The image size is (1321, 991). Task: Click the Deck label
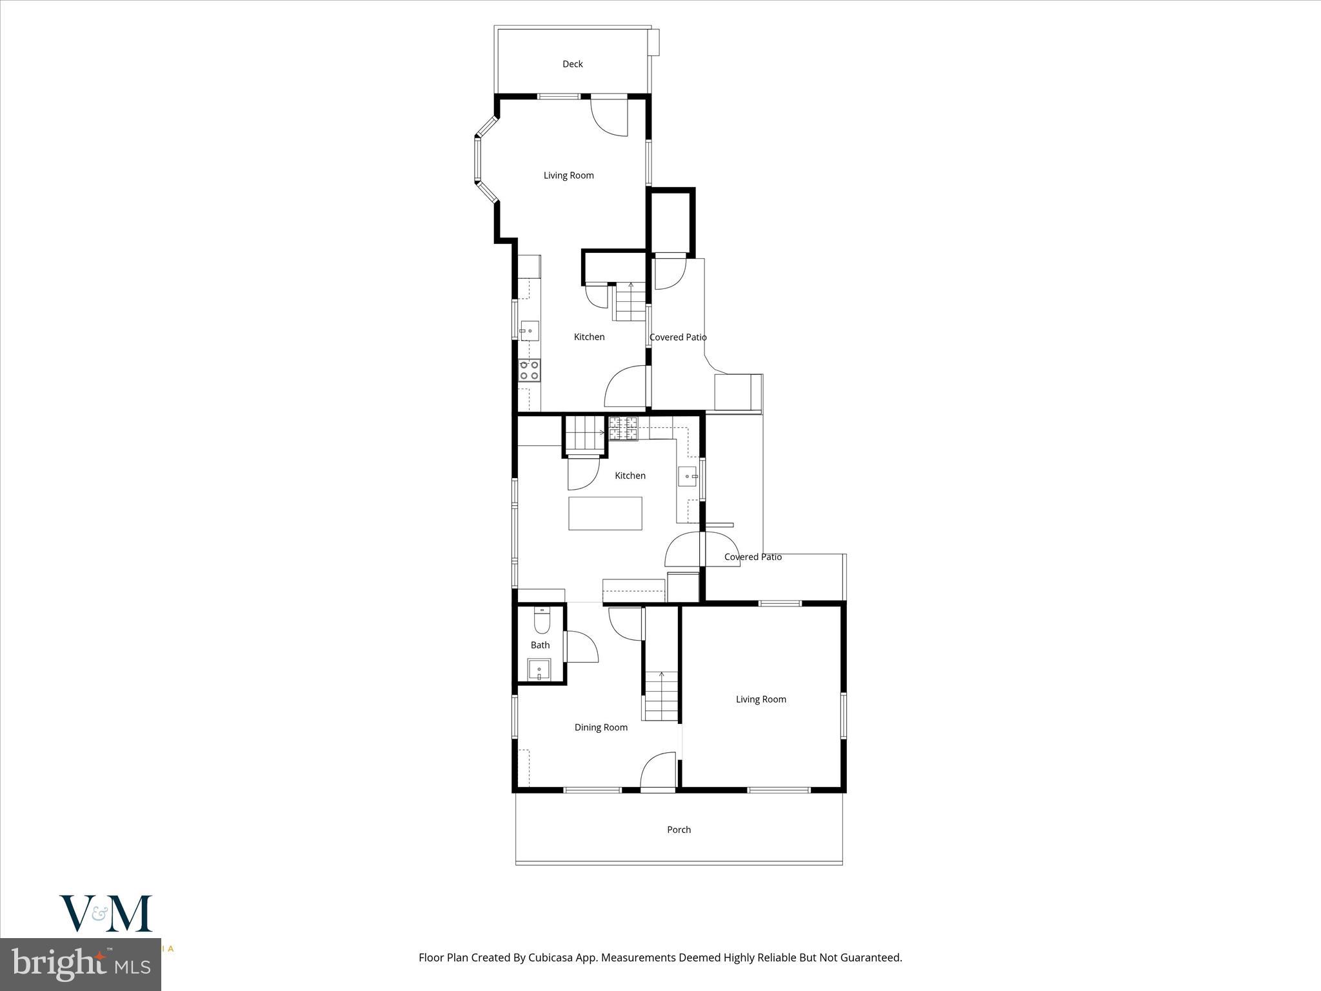[572, 64]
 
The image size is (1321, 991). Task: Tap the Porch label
[679, 830]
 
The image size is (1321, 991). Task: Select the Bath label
[540, 645]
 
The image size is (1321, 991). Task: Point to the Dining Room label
[601, 727]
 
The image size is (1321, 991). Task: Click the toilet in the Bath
[542, 621]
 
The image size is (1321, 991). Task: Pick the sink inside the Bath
[539, 670]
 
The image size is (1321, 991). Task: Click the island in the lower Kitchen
[605, 514]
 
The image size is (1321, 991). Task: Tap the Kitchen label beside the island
[630, 475]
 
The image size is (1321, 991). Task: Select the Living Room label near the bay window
[568, 175]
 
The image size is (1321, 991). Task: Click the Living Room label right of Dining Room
[760, 699]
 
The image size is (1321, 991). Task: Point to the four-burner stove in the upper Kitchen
[530, 370]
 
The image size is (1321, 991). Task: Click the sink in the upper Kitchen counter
[530, 330]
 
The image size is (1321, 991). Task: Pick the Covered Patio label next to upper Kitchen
[678, 337]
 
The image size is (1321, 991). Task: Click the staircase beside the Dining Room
[661, 696]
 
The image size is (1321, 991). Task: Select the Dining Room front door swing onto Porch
[657, 771]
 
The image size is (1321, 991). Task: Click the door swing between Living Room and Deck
[610, 116]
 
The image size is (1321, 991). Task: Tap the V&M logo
[106, 913]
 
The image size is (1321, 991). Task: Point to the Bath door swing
[582, 647]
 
